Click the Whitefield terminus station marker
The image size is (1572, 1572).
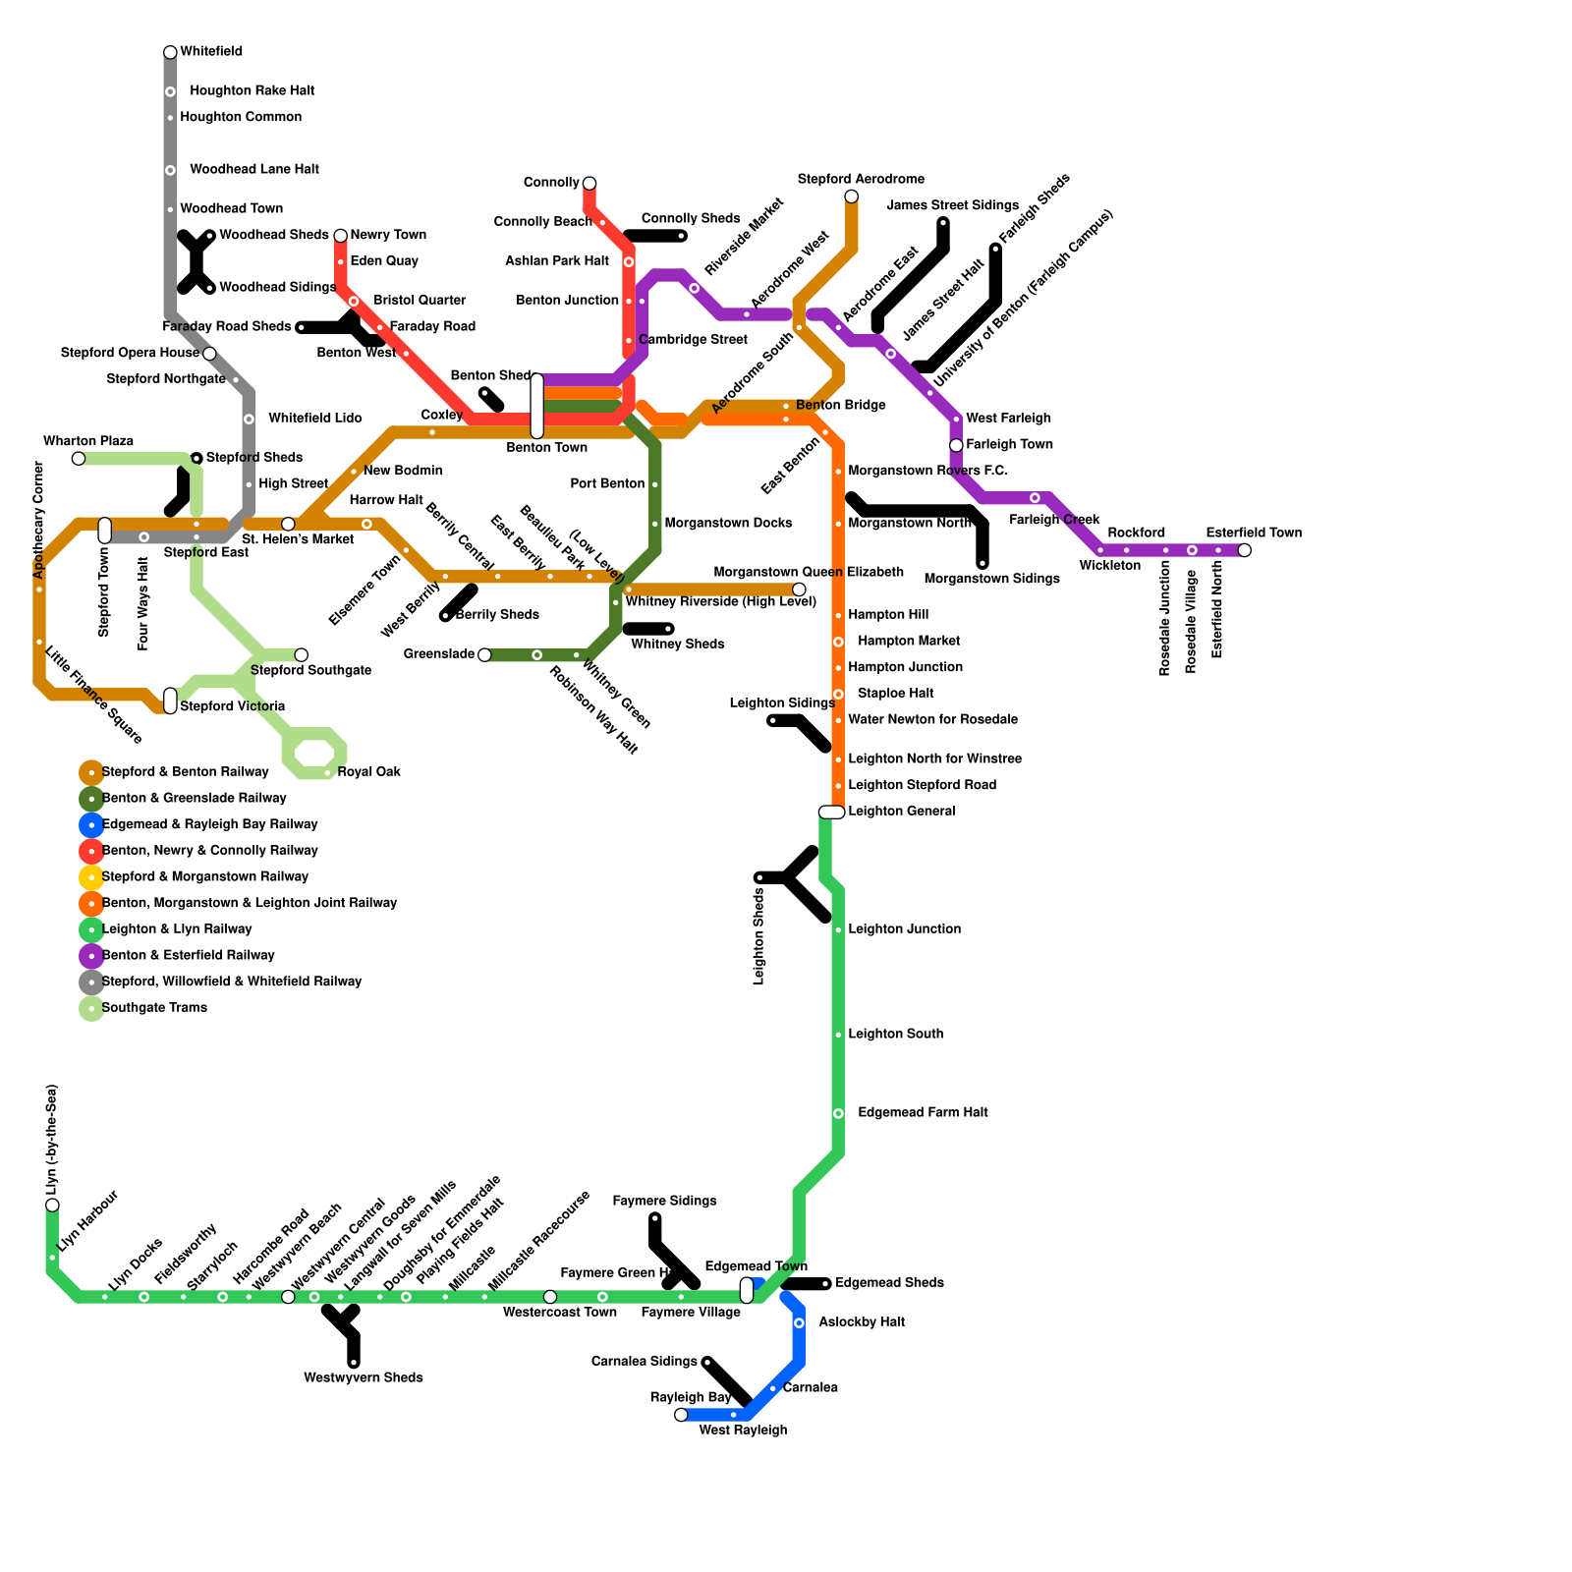(x=170, y=52)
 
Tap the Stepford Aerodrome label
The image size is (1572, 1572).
(x=861, y=180)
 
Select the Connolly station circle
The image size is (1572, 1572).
(x=589, y=184)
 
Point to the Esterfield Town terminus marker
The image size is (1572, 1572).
(x=1245, y=550)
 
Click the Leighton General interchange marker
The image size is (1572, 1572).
(x=831, y=812)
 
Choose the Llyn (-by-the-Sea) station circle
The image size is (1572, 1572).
(x=52, y=1205)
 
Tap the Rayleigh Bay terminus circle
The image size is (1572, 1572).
(x=681, y=1415)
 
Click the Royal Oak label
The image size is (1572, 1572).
(x=368, y=772)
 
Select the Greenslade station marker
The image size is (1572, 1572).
(x=484, y=655)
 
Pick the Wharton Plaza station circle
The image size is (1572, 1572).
(x=79, y=459)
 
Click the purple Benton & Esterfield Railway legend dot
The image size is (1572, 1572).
(x=91, y=955)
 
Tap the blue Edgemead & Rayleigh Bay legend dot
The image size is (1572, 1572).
(x=91, y=824)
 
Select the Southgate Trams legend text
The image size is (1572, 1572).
(x=154, y=1008)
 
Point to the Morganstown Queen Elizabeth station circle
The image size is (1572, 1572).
(x=799, y=589)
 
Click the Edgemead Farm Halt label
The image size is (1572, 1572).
(x=923, y=1113)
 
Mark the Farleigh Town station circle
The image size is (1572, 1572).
(x=956, y=445)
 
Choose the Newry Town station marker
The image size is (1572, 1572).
(x=341, y=236)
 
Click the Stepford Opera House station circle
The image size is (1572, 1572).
(x=209, y=354)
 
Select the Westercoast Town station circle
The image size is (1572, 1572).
(x=550, y=1297)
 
